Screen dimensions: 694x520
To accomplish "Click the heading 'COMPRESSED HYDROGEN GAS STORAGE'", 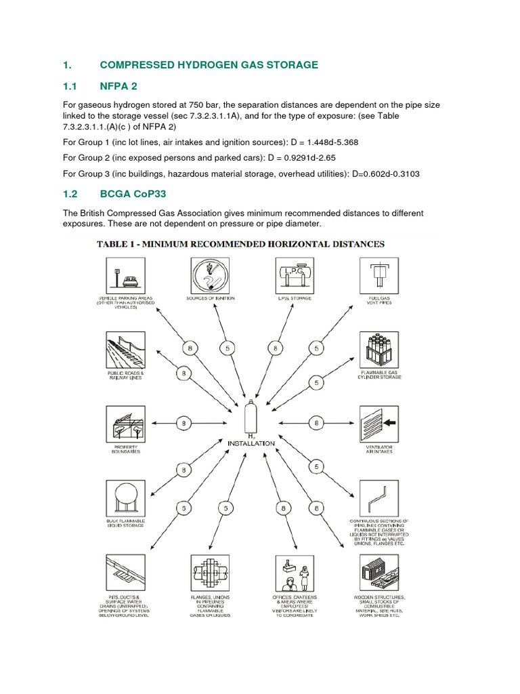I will (209, 65).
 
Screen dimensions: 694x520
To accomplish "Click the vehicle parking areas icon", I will (125, 277).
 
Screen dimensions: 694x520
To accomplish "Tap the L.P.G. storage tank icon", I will (295, 277).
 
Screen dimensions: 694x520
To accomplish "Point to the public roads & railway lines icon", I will (125, 351).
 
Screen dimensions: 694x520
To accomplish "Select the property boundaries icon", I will (125, 424).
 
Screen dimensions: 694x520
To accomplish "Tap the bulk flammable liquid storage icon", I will (125, 499).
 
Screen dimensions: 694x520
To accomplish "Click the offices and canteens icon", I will (295, 573).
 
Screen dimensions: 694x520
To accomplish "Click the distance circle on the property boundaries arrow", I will (183, 424).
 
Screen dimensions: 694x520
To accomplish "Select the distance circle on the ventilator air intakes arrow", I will (316, 424).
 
